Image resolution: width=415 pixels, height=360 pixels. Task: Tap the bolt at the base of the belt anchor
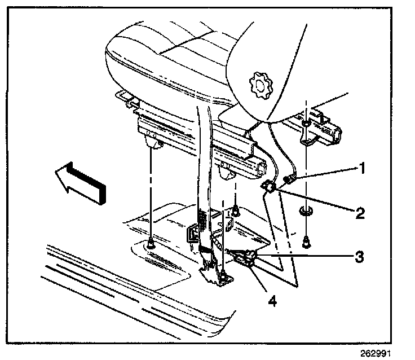click(x=224, y=275)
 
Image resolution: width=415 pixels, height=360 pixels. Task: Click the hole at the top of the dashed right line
click(x=304, y=123)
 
